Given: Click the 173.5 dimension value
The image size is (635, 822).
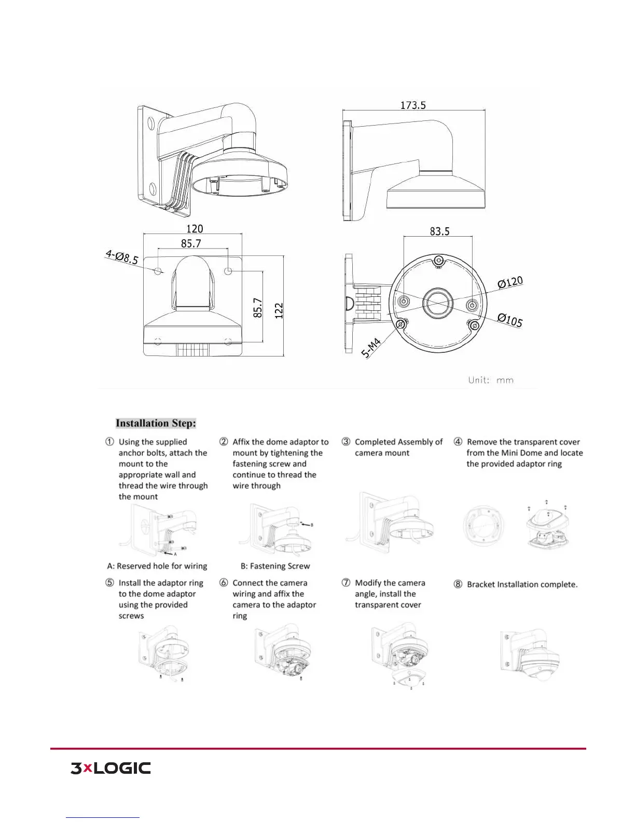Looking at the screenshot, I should [x=413, y=105].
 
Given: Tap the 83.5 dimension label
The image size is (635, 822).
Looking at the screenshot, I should [x=439, y=231].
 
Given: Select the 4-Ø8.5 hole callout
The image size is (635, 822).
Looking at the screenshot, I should [x=122, y=256].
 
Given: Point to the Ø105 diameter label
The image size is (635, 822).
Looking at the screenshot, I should [x=510, y=320].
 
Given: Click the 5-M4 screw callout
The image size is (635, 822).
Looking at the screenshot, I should [x=371, y=348].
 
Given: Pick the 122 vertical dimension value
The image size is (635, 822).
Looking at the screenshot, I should [x=279, y=310].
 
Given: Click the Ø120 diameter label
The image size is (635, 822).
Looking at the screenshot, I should [x=510, y=283].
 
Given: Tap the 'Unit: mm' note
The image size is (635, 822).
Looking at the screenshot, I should [x=491, y=380].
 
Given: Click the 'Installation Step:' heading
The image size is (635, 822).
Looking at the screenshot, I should [x=156, y=423].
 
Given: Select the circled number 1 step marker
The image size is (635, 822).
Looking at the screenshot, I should [x=110, y=442].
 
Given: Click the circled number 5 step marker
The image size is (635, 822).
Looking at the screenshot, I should [x=110, y=583].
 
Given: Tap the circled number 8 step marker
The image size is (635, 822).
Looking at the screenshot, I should [x=458, y=584].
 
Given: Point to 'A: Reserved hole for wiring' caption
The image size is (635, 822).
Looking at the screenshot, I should [x=157, y=566].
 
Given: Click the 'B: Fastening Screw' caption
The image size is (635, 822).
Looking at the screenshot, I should [x=275, y=566].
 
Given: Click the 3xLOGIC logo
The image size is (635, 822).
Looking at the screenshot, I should [x=111, y=769].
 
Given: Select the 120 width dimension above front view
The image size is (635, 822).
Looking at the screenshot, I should [x=195, y=229].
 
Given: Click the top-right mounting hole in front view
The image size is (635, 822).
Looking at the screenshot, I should [x=228, y=271].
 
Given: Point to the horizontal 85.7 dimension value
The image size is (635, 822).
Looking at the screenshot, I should [x=191, y=243].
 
